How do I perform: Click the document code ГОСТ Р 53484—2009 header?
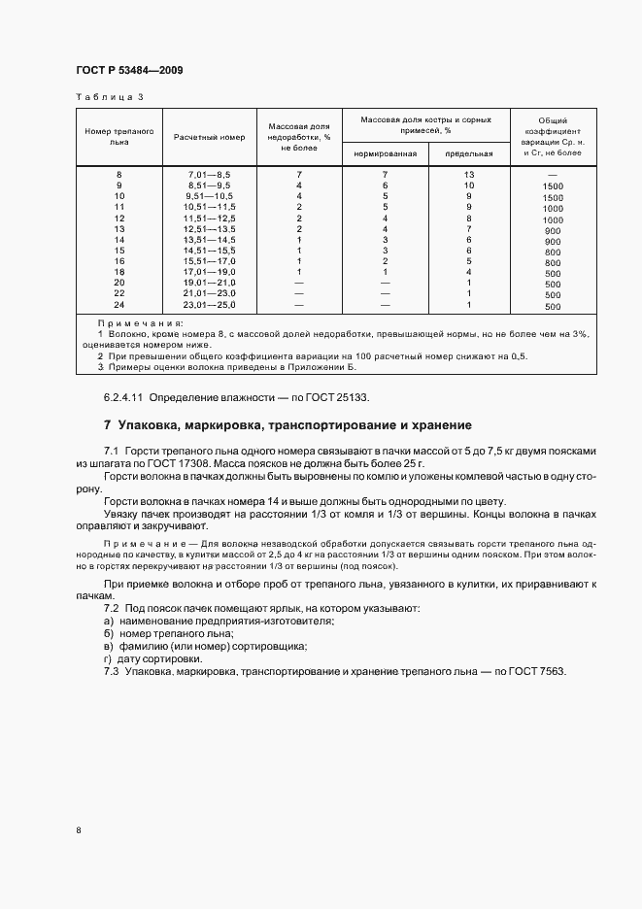coord(128,70)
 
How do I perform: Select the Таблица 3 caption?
coord(109,97)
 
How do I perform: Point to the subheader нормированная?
coord(386,153)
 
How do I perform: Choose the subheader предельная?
coord(469,153)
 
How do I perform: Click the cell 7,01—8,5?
coord(209,173)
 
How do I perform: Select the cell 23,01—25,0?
coord(211,306)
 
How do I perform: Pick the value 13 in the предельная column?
coord(469,173)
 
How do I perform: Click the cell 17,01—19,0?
coord(211,272)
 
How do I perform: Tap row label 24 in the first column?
coord(119,306)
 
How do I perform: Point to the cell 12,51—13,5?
coord(211,228)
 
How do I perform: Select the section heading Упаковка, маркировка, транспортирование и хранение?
coord(294,424)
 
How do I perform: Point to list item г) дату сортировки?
coord(146,658)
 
